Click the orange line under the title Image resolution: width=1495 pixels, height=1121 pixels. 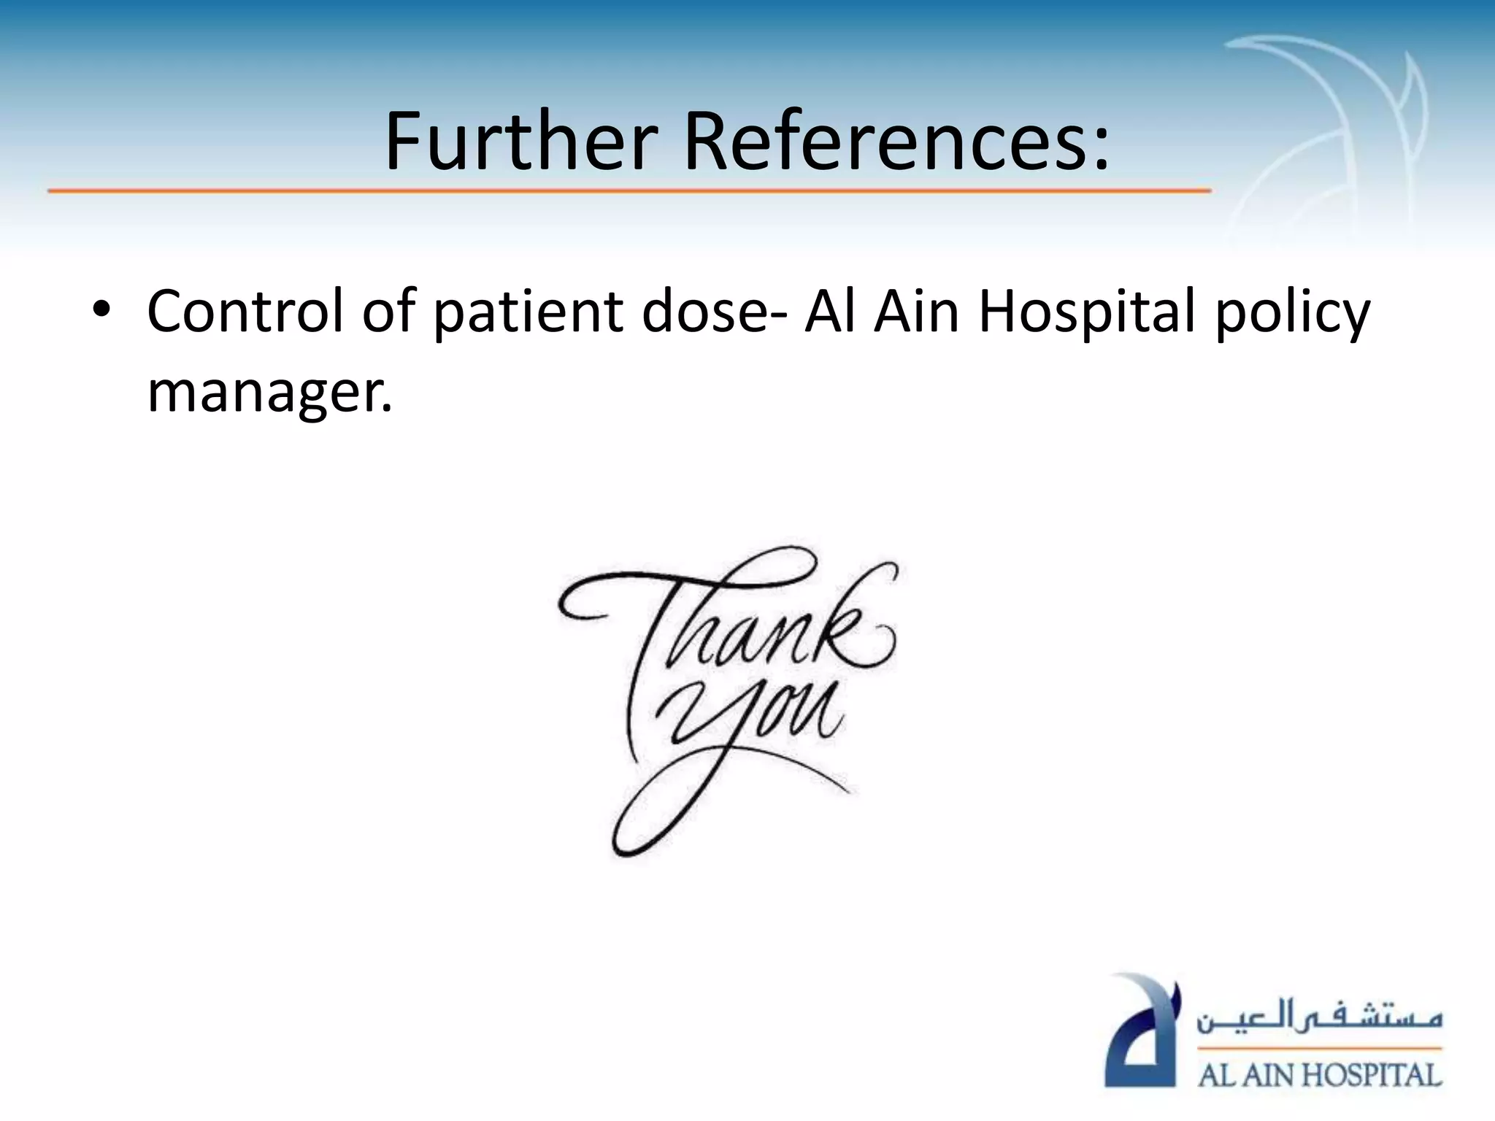628,191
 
